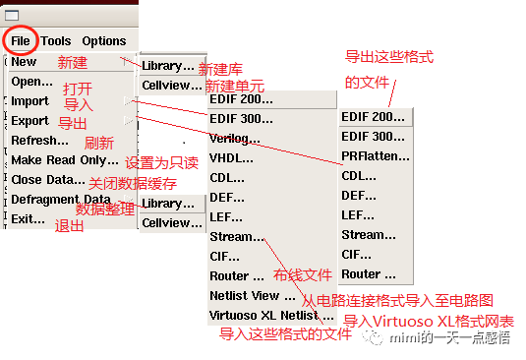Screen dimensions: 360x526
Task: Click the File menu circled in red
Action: point(21,40)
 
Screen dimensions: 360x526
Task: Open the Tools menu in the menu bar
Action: point(56,41)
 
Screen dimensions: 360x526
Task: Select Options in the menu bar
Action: point(103,41)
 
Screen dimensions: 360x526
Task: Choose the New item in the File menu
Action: point(24,62)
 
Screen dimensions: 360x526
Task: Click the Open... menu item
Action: point(31,82)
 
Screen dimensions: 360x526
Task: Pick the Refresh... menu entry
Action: point(39,141)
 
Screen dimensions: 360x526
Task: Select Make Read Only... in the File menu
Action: point(64,160)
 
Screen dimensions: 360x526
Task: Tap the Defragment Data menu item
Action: point(60,200)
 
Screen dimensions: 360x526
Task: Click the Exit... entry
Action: point(28,219)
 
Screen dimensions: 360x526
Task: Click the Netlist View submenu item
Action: point(245,296)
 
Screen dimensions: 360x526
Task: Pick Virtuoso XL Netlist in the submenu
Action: point(263,316)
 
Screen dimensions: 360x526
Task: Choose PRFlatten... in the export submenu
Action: point(376,156)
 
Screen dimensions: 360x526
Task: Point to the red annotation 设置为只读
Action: point(161,162)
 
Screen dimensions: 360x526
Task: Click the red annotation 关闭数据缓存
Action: point(133,184)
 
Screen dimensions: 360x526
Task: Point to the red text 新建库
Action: point(220,70)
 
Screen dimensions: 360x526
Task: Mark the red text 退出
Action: point(70,225)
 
